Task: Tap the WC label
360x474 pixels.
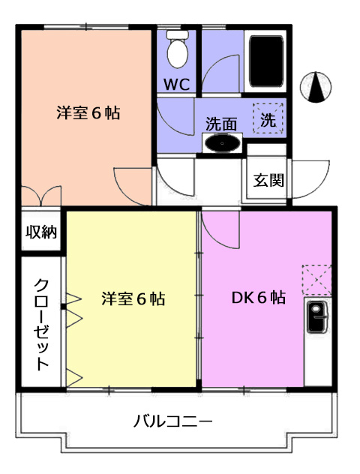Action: pyautogui.click(x=177, y=85)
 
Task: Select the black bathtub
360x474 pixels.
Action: pyautogui.click(x=266, y=61)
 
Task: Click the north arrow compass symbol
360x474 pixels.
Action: pyautogui.click(x=316, y=87)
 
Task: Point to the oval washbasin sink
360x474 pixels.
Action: pyautogui.click(x=222, y=143)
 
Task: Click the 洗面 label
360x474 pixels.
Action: pyautogui.click(x=221, y=124)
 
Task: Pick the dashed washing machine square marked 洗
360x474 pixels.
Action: pyautogui.click(x=268, y=118)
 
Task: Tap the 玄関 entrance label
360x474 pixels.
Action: pyautogui.click(x=268, y=180)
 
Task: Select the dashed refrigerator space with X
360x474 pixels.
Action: pyautogui.click(x=316, y=280)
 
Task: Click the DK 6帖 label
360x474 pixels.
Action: pyautogui.click(x=259, y=298)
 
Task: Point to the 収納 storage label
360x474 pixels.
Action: pyautogui.click(x=41, y=232)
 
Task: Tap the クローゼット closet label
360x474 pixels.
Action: pyautogui.click(x=41, y=324)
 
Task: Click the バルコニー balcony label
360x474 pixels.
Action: pyautogui.click(x=173, y=421)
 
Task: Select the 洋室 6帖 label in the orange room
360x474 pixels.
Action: pyautogui.click(x=88, y=113)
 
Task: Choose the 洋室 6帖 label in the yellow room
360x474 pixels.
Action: pyautogui.click(x=133, y=298)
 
